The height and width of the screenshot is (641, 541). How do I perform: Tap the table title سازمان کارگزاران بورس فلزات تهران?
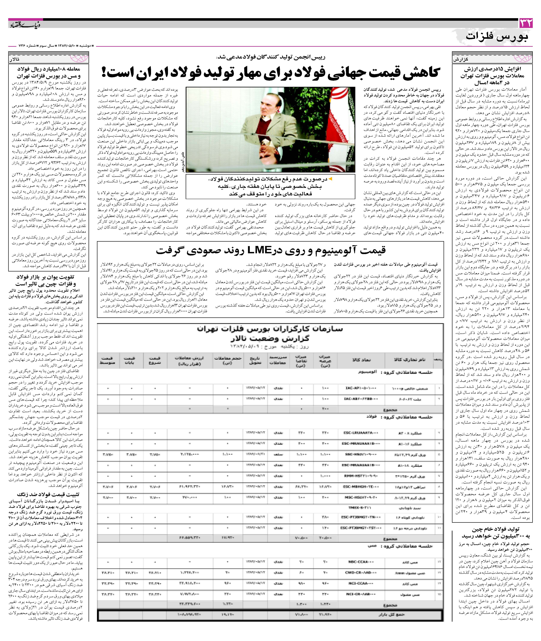(270, 329)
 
